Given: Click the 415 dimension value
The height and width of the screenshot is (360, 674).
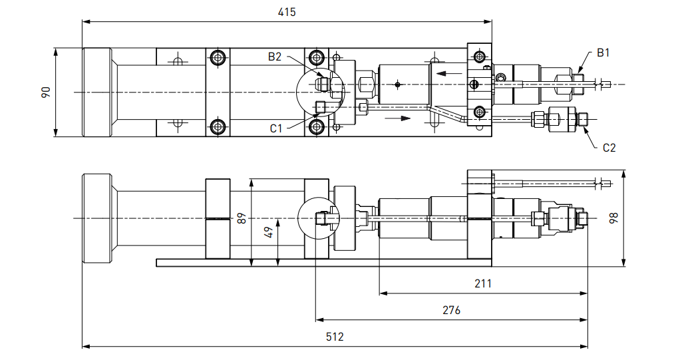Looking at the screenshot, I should click(x=287, y=12).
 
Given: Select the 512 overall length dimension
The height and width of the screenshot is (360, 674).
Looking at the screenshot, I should click(x=335, y=337).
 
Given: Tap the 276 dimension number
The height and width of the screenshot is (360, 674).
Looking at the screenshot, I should click(x=451, y=310).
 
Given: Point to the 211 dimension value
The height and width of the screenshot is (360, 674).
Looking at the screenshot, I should click(x=483, y=283).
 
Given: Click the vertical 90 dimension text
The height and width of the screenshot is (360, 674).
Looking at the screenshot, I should click(x=46, y=92).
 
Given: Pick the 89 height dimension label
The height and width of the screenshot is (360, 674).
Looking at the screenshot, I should click(x=242, y=218).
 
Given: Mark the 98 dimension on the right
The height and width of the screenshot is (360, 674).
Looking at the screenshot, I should click(x=613, y=218).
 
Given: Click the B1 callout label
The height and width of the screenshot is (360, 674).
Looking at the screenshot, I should click(x=603, y=53).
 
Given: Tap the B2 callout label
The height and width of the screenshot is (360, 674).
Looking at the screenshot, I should click(x=275, y=57).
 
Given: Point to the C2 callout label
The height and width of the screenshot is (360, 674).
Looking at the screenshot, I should click(x=609, y=148).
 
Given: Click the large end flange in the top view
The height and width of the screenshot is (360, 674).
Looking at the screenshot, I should click(x=96, y=92).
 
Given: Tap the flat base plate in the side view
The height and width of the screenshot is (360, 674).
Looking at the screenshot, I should click(x=373, y=262).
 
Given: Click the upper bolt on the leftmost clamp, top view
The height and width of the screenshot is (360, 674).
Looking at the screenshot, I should click(x=218, y=58).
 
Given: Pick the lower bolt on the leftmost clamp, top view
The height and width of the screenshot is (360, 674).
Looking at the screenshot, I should click(x=218, y=126).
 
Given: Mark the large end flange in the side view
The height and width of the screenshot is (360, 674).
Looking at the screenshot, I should click(x=96, y=218).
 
